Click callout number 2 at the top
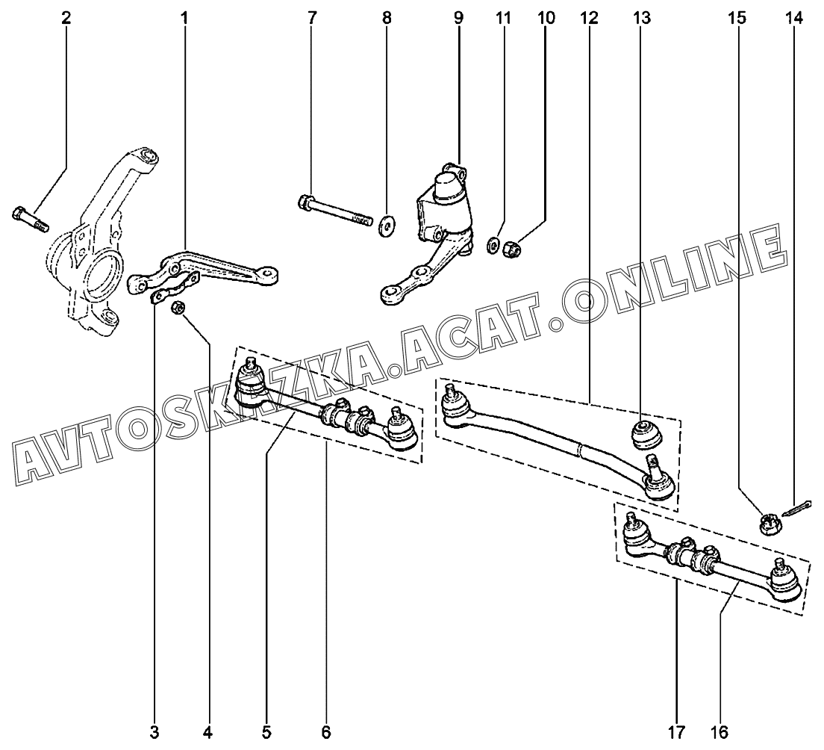pos(66,18)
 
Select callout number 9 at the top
pos(458,18)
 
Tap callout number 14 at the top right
pos(794,18)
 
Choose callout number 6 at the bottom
pos(326,732)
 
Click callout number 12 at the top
pos(589,18)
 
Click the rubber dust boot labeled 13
pos(642,433)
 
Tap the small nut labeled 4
pos(179,308)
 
